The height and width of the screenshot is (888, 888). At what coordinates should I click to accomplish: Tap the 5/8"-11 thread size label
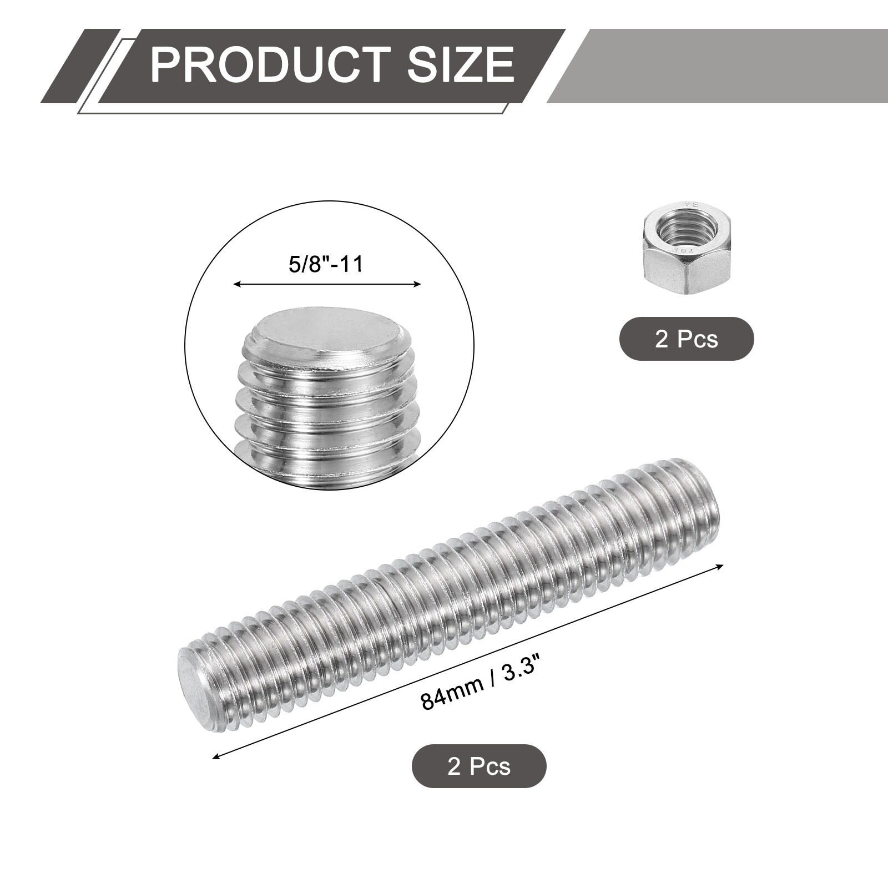[x=326, y=264]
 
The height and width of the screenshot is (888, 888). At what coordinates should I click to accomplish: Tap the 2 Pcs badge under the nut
[x=687, y=339]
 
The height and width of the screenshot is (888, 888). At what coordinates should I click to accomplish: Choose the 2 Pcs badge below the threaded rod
[x=479, y=766]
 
